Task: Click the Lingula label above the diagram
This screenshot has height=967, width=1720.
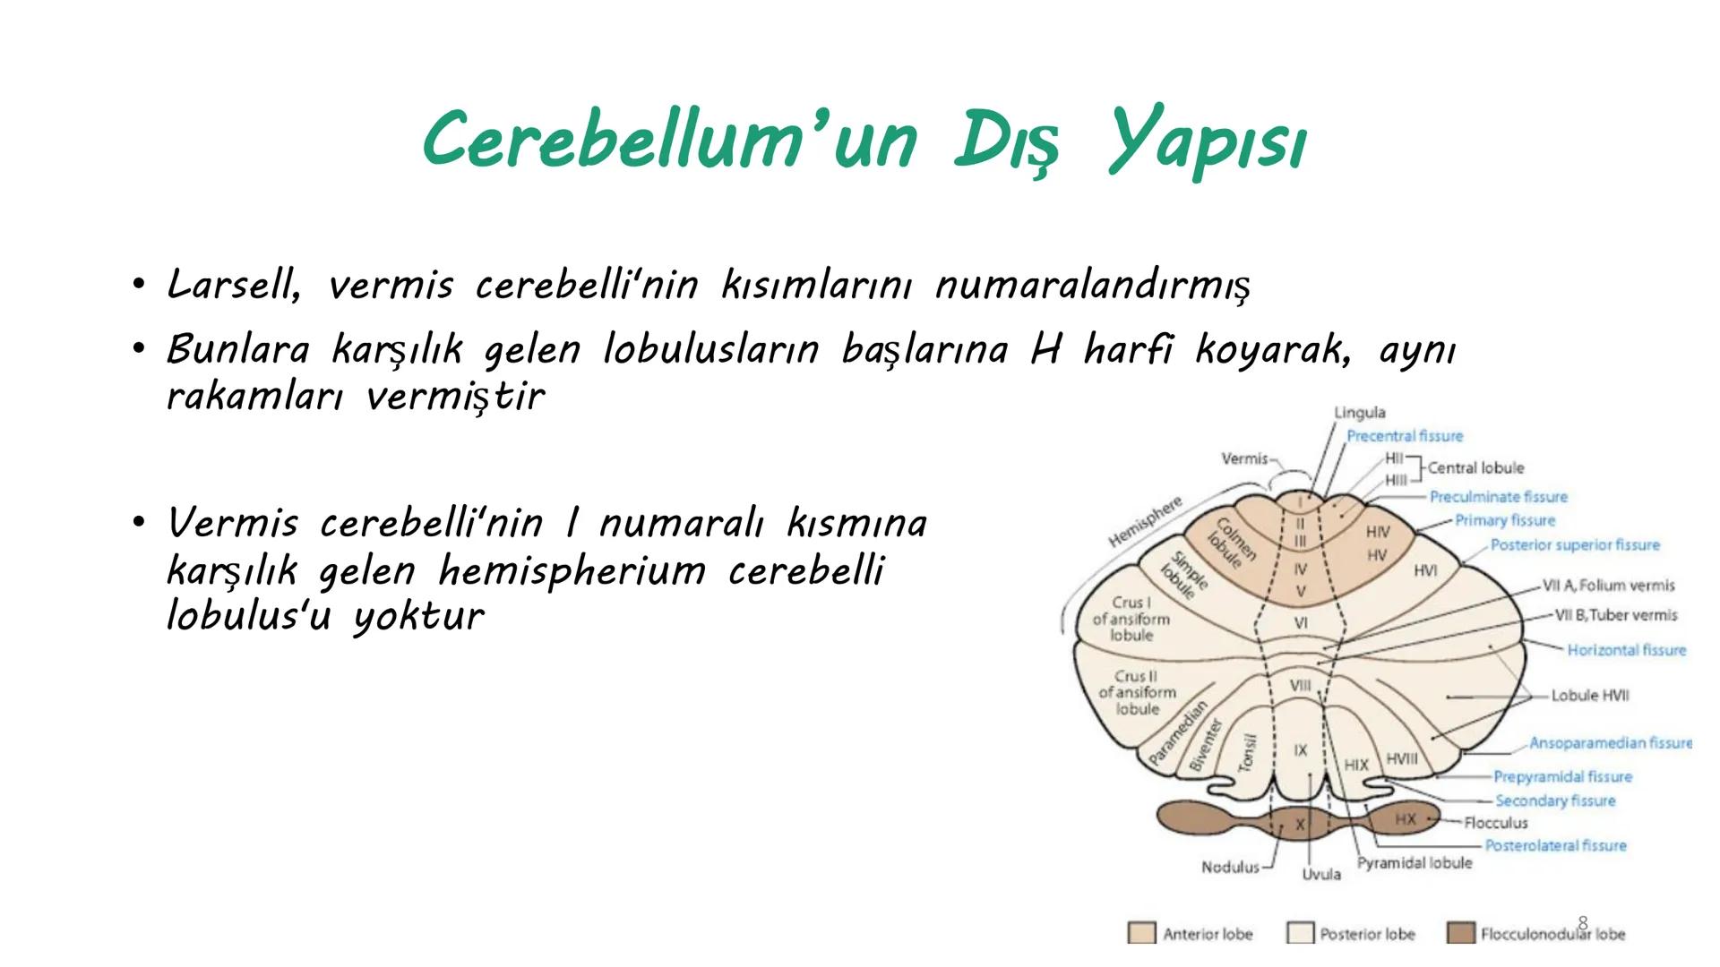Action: (1359, 413)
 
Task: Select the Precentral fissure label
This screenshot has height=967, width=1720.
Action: (1404, 436)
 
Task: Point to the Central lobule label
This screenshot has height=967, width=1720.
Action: (1475, 468)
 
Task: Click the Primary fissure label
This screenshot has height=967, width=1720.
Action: (1504, 520)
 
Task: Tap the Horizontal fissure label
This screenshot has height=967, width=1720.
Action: (1626, 650)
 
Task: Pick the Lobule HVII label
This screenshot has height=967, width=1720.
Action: (1590, 695)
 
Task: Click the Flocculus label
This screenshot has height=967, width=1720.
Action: (1495, 822)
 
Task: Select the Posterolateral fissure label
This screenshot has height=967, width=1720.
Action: (1555, 845)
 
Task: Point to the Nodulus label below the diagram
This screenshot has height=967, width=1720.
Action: (1230, 868)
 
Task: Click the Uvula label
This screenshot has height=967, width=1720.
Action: (1321, 874)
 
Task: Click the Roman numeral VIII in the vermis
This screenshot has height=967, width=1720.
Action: (1300, 686)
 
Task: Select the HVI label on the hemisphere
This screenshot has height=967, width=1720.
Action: (1425, 570)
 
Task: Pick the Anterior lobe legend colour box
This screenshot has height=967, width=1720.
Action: (1141, 933)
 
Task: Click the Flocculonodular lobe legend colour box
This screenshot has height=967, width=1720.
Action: (1460, 933)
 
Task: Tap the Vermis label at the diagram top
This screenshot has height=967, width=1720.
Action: (1244, 458)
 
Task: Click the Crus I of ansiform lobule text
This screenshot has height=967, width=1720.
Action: (1131, 619)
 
